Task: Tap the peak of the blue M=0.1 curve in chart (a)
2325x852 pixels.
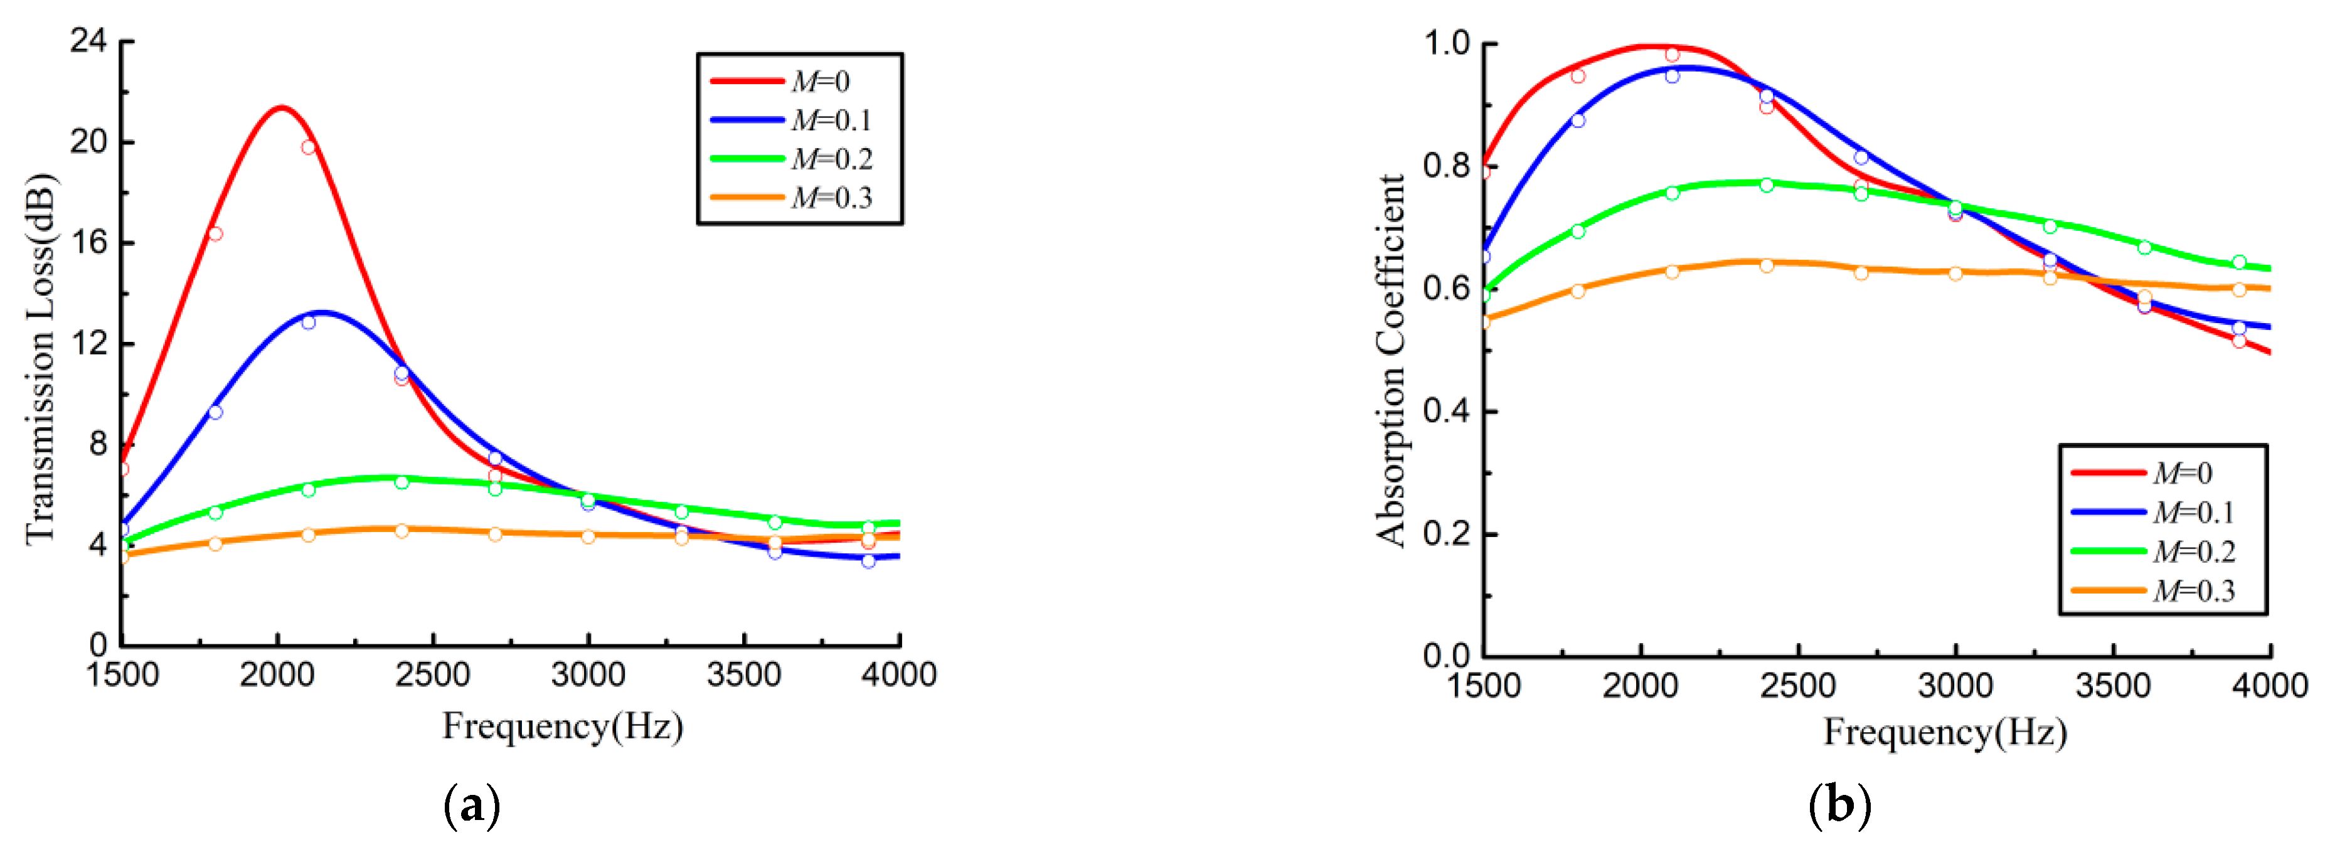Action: click(321, 312)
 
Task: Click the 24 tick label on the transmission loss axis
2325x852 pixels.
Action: click(88, 41)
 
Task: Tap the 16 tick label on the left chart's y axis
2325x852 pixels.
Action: click(88, 242)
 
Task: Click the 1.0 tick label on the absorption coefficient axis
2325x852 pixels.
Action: click(1446, 43)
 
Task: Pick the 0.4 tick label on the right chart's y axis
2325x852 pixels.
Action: click(1446, 411)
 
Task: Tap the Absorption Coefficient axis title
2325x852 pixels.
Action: click(1391, 360)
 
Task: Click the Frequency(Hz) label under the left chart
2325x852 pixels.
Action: click(562, 726)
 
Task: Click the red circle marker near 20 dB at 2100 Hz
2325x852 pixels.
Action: click(309, 147)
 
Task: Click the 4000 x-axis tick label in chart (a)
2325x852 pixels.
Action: click(898, 674)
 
